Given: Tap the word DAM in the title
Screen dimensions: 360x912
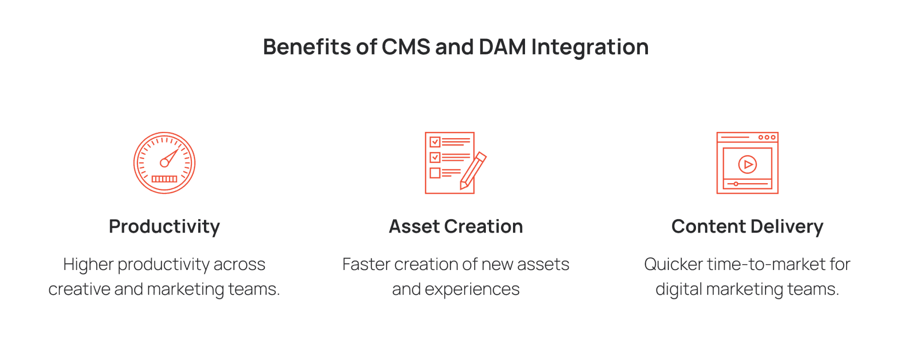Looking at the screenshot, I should tap(502, 47).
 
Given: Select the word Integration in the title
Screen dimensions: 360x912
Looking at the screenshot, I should tap(590, 48).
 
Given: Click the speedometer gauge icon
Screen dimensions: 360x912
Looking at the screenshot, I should tap(164, 163).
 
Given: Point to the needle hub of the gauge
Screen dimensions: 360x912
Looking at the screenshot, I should tap(164, 163).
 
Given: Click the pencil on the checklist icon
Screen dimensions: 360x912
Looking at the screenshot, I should tap(473, 171).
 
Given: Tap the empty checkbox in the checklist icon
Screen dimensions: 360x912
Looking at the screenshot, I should tap(435, 173).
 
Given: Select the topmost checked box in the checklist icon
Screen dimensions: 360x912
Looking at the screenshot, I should tap(435, 142).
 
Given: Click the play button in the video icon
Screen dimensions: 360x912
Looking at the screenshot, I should tap(747, 164).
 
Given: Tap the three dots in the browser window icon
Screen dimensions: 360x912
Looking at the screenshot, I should tap(767, 137).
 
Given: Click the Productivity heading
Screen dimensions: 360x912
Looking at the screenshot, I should tap(164, 227).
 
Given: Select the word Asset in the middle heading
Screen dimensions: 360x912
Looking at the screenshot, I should tap(414, 227).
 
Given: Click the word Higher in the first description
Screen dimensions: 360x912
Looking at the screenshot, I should tap(88, 264).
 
